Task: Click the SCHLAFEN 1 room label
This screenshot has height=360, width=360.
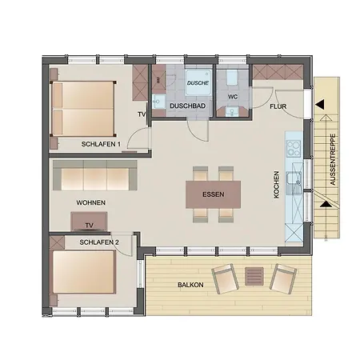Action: point(101,144)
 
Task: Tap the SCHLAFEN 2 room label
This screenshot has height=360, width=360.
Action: point(99,242)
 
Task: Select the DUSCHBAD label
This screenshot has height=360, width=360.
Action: point(188,106)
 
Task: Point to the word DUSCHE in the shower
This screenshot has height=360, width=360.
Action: point(198,83)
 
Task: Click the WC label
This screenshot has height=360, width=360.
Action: point(233,97)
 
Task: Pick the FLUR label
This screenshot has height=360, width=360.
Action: point(278,106)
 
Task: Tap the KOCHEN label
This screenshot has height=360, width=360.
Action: point(276,185)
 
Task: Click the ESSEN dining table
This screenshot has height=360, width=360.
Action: point(214,194)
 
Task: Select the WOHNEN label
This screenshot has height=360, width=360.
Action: point(91,202)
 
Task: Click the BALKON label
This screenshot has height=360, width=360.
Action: point(190,285)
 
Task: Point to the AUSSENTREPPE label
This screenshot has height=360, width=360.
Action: point(333,159)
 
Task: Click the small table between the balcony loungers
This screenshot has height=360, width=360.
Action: point(254,276)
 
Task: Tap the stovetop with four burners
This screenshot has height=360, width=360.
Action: point(294,149)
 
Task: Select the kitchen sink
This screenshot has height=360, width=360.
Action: point(294,178)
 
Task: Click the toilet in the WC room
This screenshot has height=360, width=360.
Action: point(232,78)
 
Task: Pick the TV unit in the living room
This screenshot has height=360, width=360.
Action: point(89,222)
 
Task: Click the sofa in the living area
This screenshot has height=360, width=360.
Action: point(95,175)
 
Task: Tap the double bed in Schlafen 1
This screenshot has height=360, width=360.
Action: point(83,109)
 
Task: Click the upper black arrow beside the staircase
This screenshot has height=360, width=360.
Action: point(320,105)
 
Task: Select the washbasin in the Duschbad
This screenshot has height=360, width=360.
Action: point(158,102)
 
